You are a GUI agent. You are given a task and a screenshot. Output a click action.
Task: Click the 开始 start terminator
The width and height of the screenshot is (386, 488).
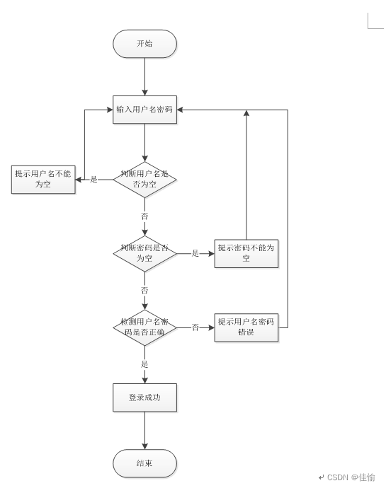click(x=144, y=44)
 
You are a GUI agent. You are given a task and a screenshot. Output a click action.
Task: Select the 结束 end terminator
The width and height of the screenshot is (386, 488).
click(x=144, y=463)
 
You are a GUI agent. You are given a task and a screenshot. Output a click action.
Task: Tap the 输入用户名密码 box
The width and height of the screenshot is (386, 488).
click(x=144, y=110)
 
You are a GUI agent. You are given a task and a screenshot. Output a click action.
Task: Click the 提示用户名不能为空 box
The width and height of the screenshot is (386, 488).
click(x=43, y=180)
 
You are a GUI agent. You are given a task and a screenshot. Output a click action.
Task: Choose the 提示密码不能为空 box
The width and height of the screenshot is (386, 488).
click(x=246, y=253)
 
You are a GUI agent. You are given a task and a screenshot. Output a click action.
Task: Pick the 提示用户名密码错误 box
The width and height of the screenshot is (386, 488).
click(x=246, y=327)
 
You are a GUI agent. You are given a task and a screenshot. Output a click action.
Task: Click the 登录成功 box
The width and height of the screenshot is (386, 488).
click(x=144, y=397)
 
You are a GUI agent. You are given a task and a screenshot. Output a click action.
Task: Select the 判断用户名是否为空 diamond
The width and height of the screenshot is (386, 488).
click(x=144, y=180)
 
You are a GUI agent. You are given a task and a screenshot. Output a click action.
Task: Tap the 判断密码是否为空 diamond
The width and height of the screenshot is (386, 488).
click(x=144, y=254)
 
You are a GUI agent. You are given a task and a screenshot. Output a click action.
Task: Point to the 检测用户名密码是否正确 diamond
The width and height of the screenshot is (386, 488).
click(x=144, y=327)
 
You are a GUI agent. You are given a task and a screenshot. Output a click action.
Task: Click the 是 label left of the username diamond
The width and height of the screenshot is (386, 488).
click(x=94, y=180)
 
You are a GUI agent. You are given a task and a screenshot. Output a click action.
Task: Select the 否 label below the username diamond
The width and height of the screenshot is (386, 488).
click(x=144, y=216)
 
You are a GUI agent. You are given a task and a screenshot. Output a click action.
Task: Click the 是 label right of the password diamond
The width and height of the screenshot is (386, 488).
click(x=195, y=253)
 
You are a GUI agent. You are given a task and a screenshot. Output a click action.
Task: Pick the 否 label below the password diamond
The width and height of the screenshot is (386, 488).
click(x=144, y=290)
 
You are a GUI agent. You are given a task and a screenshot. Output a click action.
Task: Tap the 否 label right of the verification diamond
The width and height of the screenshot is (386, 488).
click(x=195, y=327)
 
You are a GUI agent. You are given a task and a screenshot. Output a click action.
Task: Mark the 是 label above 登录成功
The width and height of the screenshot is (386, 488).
click(x=144, y=364)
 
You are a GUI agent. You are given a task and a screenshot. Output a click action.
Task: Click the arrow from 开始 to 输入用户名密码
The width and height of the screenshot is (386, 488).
click(x=144, y=76)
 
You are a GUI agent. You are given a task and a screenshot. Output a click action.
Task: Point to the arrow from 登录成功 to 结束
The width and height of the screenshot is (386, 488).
click(x=144, y=431)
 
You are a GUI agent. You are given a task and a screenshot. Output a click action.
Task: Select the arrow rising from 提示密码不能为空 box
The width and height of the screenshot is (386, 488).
click(x=246, y=175)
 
